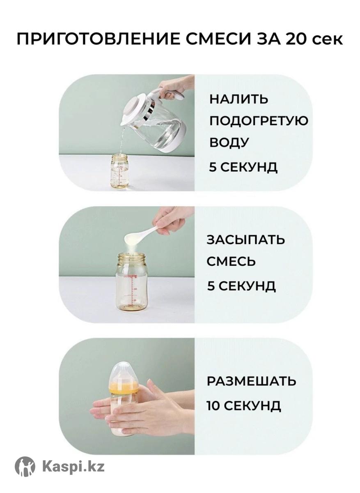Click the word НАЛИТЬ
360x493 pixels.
[238, 99]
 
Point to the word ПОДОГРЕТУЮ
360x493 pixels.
[258, 121]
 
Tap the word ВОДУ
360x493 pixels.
[229, 142]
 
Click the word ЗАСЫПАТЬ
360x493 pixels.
[245, 240]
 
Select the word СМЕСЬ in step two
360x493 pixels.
[231, 261]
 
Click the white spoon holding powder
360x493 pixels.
[141, 234]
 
